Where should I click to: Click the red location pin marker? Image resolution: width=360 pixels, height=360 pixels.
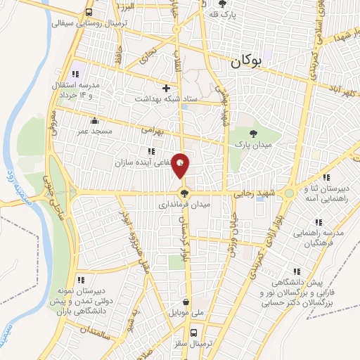tap(181, 166)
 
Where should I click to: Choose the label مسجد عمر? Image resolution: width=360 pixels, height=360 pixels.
tap(94, 131)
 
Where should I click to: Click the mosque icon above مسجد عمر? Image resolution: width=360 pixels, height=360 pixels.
tap(94, 120)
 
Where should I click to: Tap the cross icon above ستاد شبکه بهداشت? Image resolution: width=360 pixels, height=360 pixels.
tap(166, 88)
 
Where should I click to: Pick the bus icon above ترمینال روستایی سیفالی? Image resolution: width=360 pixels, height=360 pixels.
tap(89, 13)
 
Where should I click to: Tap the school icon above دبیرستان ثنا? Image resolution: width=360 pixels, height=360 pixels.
tap(325, 178)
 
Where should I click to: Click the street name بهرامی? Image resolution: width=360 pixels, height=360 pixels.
tap(151, 131)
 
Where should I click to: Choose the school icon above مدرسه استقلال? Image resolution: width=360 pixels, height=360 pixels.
tap(75, 75)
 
